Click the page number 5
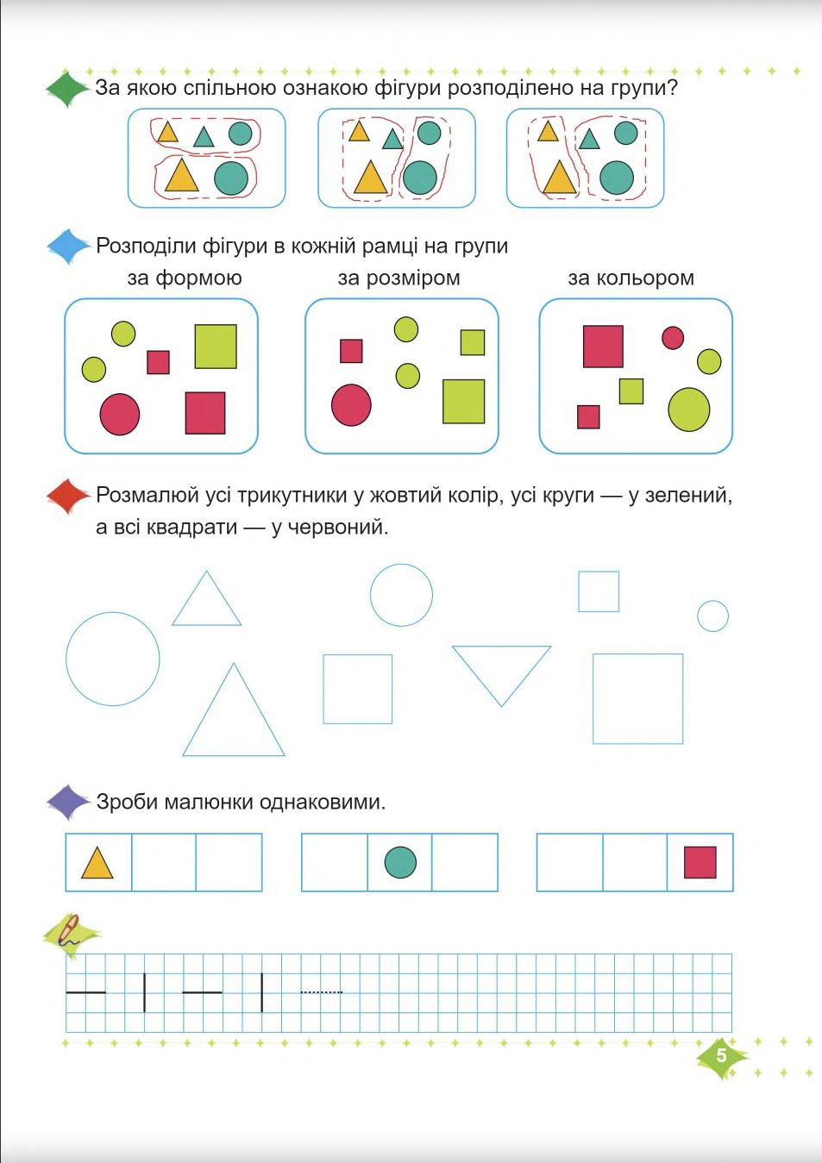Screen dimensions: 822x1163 pos(721,1055)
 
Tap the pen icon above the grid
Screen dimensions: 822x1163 pos(69,934)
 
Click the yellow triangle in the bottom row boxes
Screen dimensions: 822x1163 pos(97,862)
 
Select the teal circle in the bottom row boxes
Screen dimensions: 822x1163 pos(400,862)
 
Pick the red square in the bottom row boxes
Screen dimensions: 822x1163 pos(700,862)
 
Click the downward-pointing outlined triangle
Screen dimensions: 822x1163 pos(501,670)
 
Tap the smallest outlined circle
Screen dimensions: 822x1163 pos(712,616)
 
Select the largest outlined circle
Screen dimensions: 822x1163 pos(113,659)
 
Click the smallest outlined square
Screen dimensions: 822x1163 pos(599,591)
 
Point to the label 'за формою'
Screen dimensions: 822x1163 pos(185,278)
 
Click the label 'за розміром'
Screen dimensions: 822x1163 pos(398,278)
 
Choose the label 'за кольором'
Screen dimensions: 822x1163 pos(631,278)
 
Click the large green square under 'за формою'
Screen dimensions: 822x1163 pos(215,347)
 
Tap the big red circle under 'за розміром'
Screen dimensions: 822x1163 pos(351,404)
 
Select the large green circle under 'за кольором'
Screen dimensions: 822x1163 pos(688,409)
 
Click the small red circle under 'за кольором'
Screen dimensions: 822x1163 pos(673,338)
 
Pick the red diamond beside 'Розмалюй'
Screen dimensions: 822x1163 pos(67,497)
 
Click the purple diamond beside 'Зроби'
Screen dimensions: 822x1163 pos(67,802)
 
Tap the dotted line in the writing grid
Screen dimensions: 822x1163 pos(321,992)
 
